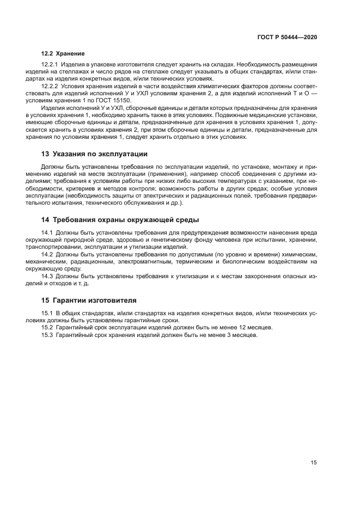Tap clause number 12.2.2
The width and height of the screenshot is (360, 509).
51,86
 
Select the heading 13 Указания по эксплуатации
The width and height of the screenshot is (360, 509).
94,154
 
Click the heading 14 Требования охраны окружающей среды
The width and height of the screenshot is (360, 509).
120,220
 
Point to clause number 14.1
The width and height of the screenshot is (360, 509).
47,233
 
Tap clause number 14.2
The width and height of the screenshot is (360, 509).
47,254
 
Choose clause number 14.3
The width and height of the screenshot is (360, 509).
47,276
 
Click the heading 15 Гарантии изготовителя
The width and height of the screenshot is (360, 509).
89,299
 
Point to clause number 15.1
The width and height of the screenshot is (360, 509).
47,313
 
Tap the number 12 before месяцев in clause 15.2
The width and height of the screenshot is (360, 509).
239,328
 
